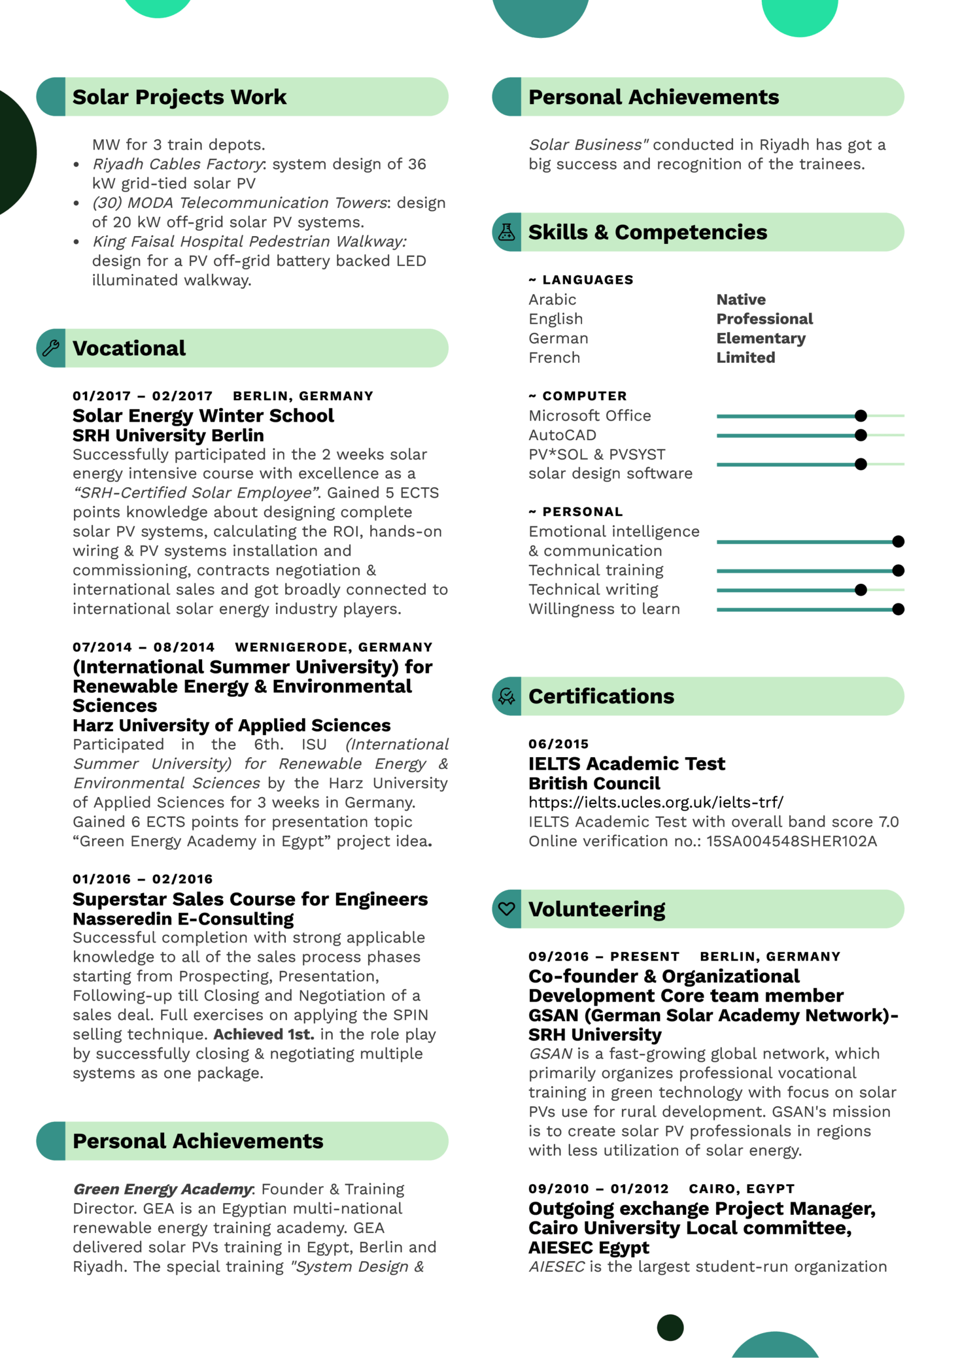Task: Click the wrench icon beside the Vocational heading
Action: (x=51, y=348)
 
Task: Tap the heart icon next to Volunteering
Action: (x=507, y=908)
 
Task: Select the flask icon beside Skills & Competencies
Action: (x=507, y=232)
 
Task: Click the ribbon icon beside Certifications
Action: (x=507, y=696)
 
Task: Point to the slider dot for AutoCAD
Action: (x=861, y=435)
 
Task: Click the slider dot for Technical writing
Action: (x=861, y=590)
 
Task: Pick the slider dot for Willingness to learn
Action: (x=898, y=609)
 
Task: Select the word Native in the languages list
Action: (x=740, y=299)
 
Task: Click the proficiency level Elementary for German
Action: (x=761, y=338)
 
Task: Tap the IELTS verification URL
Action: (x=655, y=802)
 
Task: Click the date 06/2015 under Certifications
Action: (x=558, y=744)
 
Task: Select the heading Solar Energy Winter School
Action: (x=203, y=416)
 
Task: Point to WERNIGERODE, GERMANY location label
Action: (x=334, y=647)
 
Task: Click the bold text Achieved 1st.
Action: (x=264, y=1034)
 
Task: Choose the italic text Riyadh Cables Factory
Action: (x=177, y=164)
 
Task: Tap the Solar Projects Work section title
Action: (x=179, y=97)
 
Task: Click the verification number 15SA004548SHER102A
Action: (x=791, y=841)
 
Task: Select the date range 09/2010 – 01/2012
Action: (x=598, y=1189)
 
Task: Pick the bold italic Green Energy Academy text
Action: (x=162, y=1189)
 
